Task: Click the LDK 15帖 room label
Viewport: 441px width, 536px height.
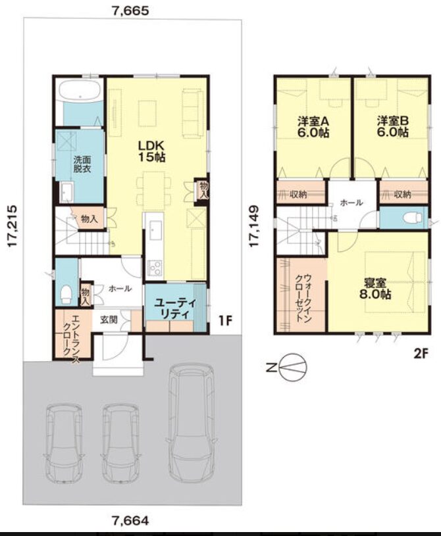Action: [x=151, y=151]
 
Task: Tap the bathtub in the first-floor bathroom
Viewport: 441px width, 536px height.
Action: [x=80, y=89]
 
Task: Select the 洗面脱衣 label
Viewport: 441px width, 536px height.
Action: [x=82, y=164]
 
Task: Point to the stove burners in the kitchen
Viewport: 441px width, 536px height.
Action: [x=155, y=267]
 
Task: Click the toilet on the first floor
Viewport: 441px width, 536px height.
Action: [x=65, y=293]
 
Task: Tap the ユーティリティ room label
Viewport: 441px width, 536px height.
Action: [x=174, y=308]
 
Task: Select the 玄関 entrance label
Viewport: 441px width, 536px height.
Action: [x=109, y=320]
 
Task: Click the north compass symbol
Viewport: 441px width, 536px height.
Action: [x=288, y=368]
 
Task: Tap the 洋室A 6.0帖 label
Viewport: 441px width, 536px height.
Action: [x=313, y=126]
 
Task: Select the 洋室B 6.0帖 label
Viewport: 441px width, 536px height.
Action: [x=393, y=126]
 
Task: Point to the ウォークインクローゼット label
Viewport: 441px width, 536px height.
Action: [x=304, y=298]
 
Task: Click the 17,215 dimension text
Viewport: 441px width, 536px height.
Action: [x=13, y=226]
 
